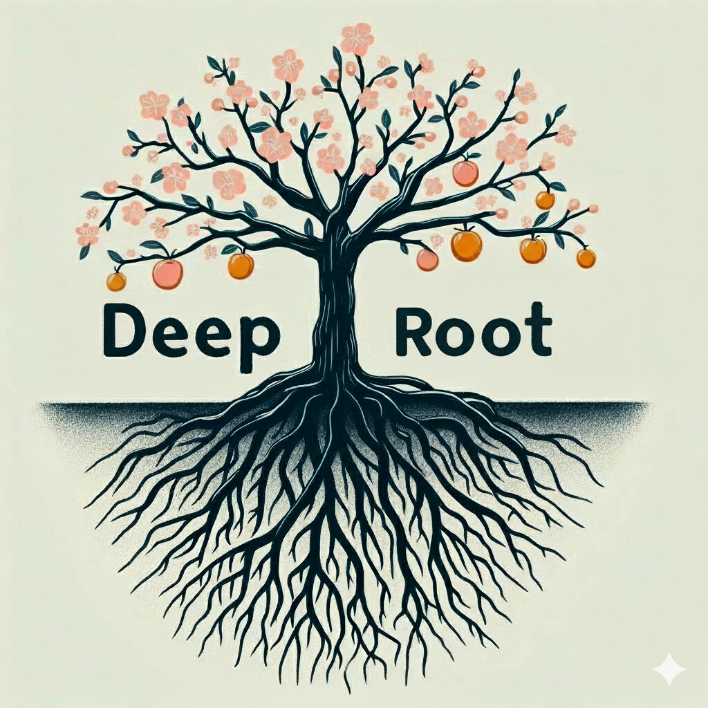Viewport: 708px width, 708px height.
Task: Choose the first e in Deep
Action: pyautogui.click(x=169, y=335)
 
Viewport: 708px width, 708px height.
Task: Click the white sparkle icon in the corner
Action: pyautogui.click(x=669, y=669)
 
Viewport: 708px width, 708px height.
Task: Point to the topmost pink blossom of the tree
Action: pyautogui.click(x=357, y=38)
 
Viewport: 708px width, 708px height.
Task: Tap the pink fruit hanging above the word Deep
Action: pyautogui.click(x=168, y=274)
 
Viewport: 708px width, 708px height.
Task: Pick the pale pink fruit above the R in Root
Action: pyautogui.click(x=427, y=260)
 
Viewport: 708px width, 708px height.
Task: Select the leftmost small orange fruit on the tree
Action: pyautogui.click(x=116, y=281)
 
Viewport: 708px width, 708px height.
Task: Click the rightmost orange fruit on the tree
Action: pyautogui.click(x=586, y=259)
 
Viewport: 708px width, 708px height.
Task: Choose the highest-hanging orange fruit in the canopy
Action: pyautogui.click(x=465, y=173)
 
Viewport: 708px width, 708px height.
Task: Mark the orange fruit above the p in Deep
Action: pyautogui.click(x=241, y=265)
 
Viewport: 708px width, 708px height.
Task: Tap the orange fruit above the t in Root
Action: pyautogui.click(x=532, y=250)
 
